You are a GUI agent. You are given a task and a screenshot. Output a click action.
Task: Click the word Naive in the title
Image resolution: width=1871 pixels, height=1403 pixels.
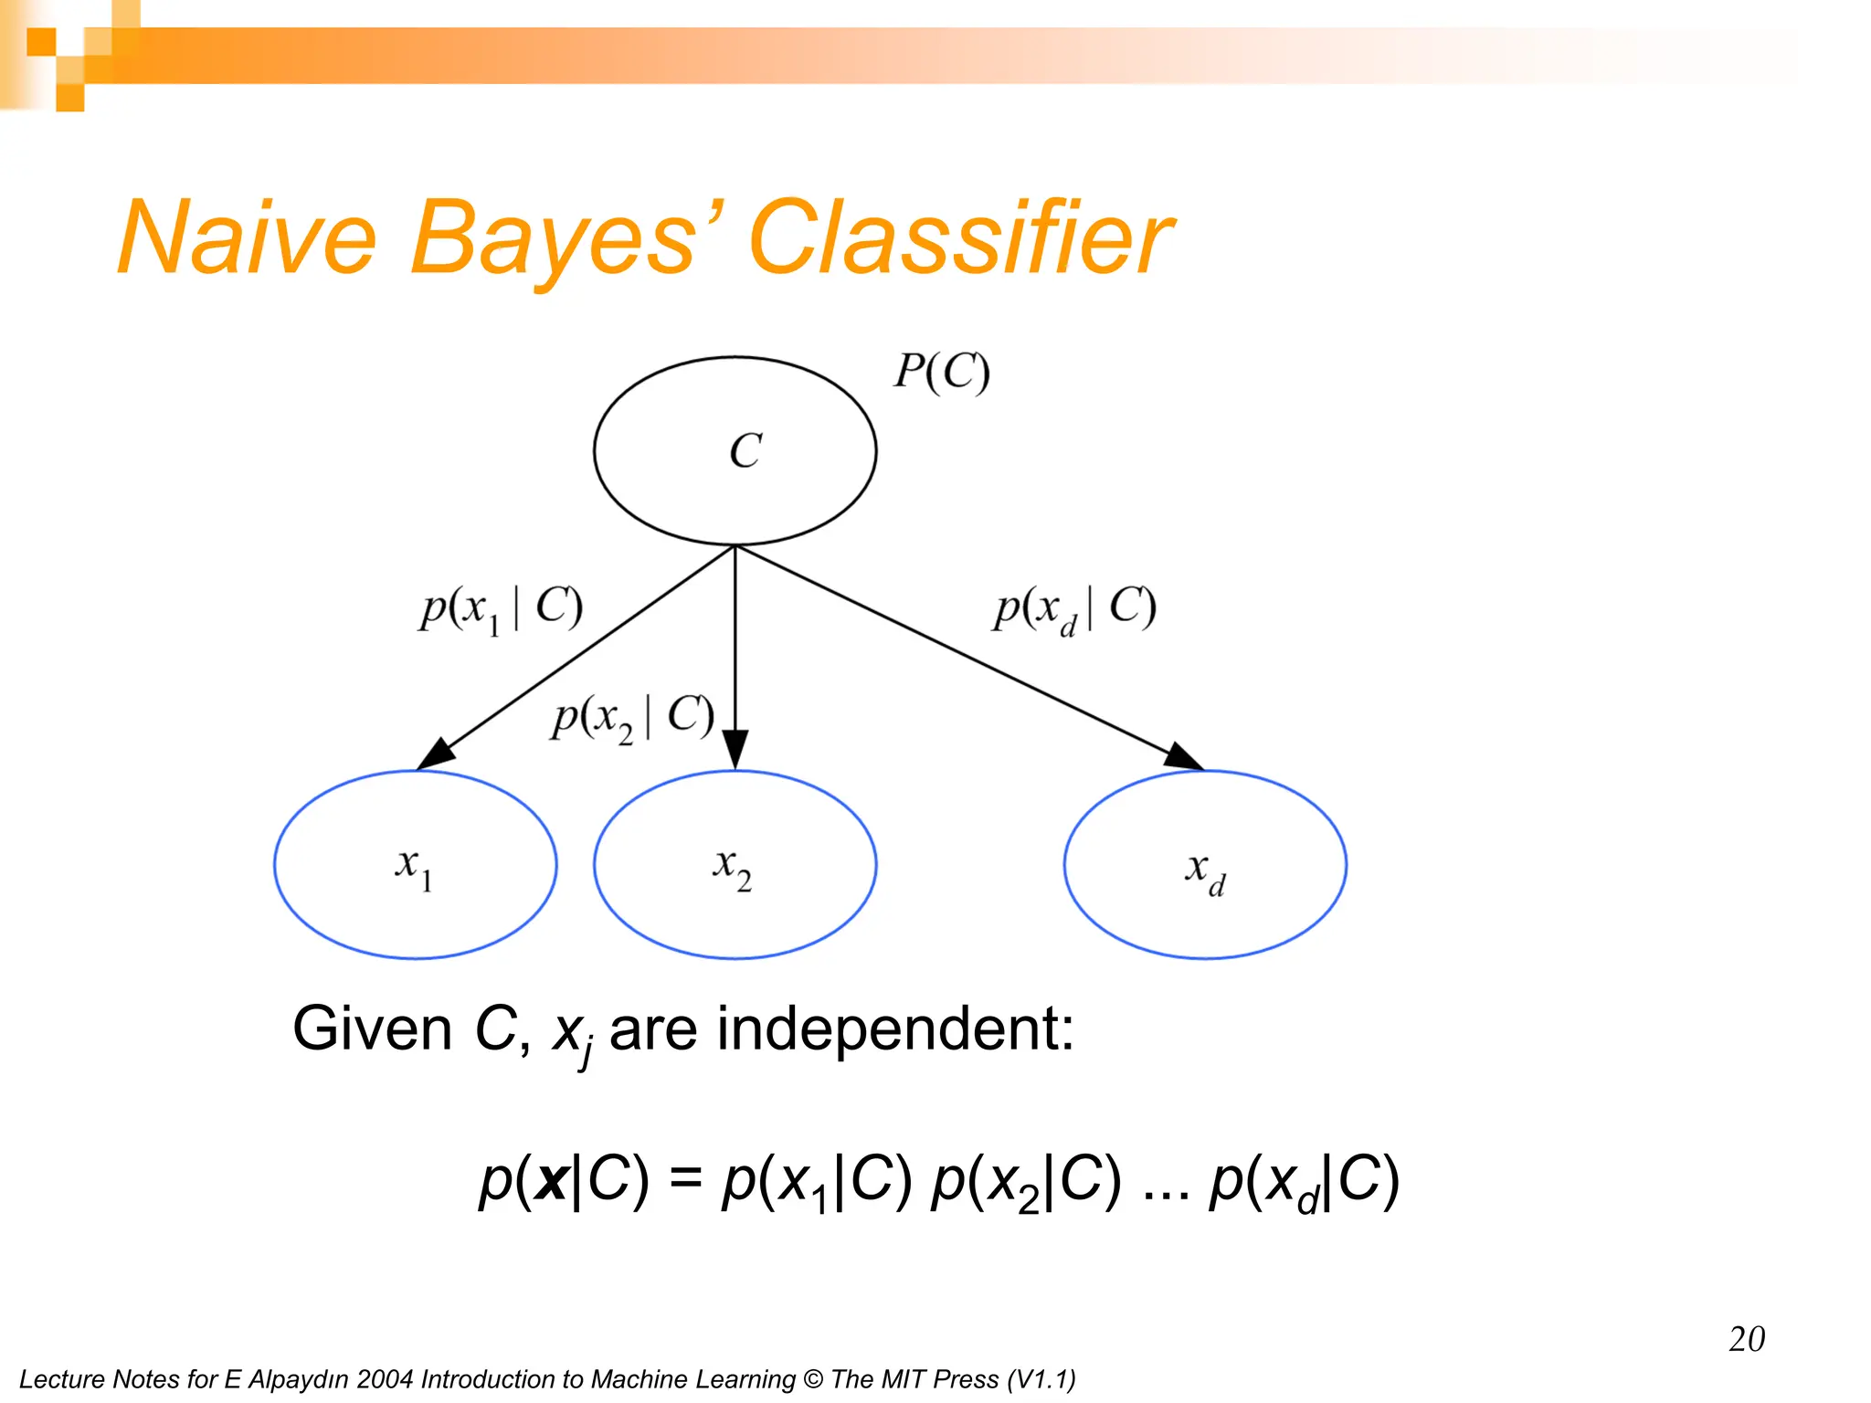(247, 239)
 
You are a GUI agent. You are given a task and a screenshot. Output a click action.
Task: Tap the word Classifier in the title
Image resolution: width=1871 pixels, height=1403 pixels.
(959, 239)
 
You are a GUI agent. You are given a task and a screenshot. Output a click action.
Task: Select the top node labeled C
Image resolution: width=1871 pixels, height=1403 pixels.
(735, 451)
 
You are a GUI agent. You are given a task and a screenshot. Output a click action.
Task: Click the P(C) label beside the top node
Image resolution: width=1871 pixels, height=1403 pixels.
(941, 373)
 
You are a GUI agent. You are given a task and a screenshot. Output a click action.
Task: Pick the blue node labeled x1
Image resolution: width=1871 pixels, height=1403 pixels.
(416, 865)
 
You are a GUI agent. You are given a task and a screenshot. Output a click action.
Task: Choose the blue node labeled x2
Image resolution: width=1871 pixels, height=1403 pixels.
(735, 865)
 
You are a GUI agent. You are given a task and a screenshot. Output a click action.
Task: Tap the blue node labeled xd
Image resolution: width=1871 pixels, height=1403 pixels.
(1205, 865)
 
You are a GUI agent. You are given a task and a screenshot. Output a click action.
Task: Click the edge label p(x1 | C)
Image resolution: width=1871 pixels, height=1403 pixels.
(501, 608)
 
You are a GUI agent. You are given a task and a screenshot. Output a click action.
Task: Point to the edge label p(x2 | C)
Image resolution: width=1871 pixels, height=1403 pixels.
(632, 718)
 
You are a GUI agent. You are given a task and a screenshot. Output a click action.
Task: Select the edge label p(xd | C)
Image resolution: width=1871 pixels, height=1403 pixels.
(1074, 608)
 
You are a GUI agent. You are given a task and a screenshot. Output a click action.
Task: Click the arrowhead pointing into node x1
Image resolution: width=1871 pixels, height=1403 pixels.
(436, 754)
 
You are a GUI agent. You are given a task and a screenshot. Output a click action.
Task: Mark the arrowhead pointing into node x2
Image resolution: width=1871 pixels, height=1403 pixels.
(735, 749)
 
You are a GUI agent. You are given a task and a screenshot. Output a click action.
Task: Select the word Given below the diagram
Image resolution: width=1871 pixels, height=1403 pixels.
(372, 1029)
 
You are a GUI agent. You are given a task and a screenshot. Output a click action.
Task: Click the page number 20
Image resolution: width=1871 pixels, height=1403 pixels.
(1746, 1339)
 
